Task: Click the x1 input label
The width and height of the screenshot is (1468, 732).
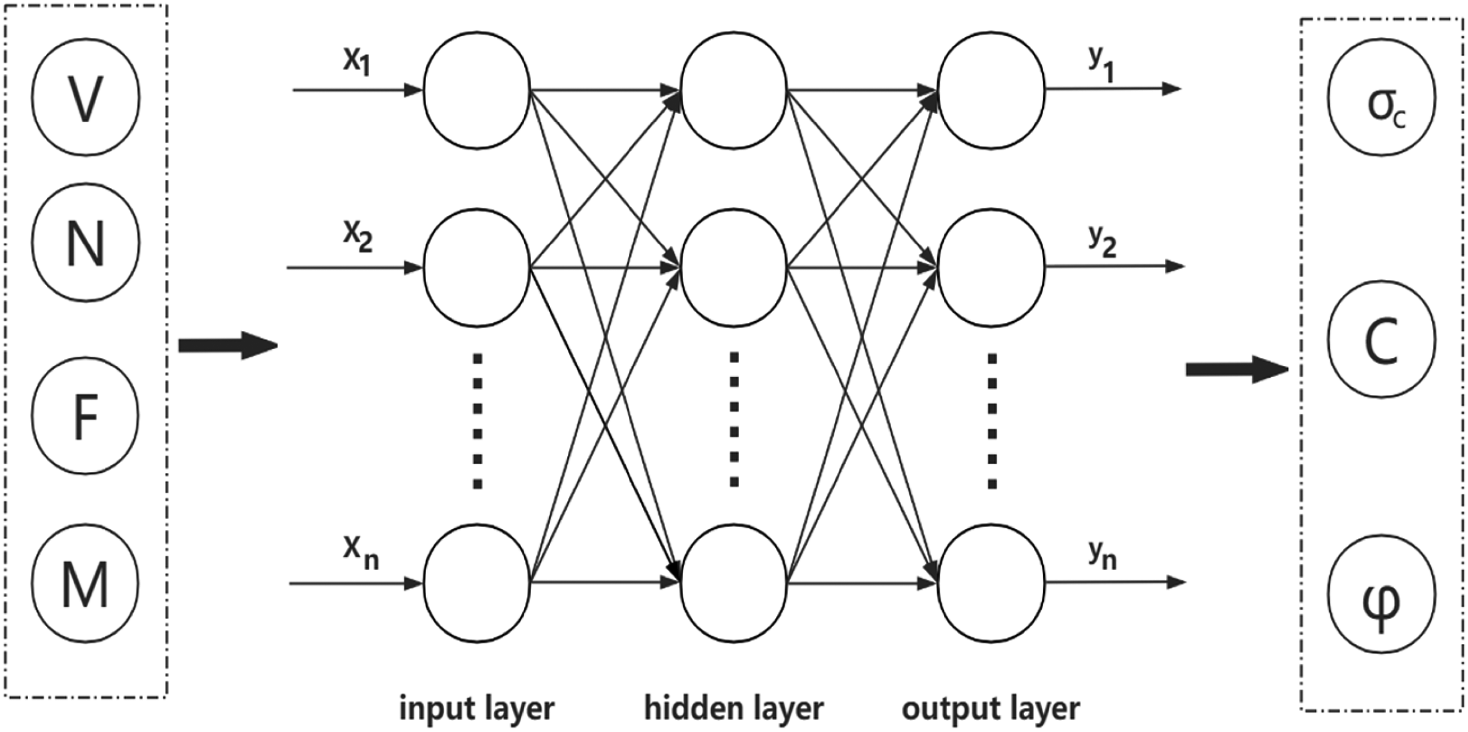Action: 357,62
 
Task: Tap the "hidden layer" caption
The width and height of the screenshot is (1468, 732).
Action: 734,708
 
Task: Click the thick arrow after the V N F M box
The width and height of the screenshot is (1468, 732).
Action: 228,346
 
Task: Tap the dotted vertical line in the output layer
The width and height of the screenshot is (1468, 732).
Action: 992,421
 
